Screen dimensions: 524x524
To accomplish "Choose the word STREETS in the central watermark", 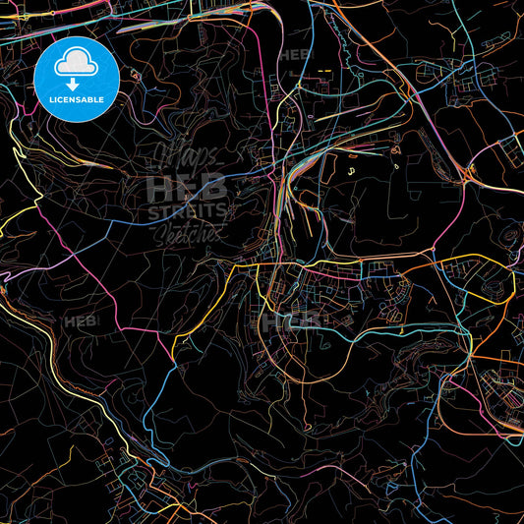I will coord(187,211).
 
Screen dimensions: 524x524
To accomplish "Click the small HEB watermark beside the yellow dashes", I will coord(294,57).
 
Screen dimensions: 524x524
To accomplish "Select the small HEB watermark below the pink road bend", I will coord(78,322).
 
